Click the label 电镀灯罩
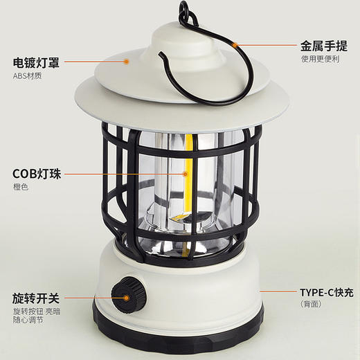coord(36,62)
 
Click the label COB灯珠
coord(37,174)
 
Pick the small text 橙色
coord(19,188)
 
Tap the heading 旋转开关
coord(36,298)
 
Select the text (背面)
coord(311,305)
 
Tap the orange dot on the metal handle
coord(235,44)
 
